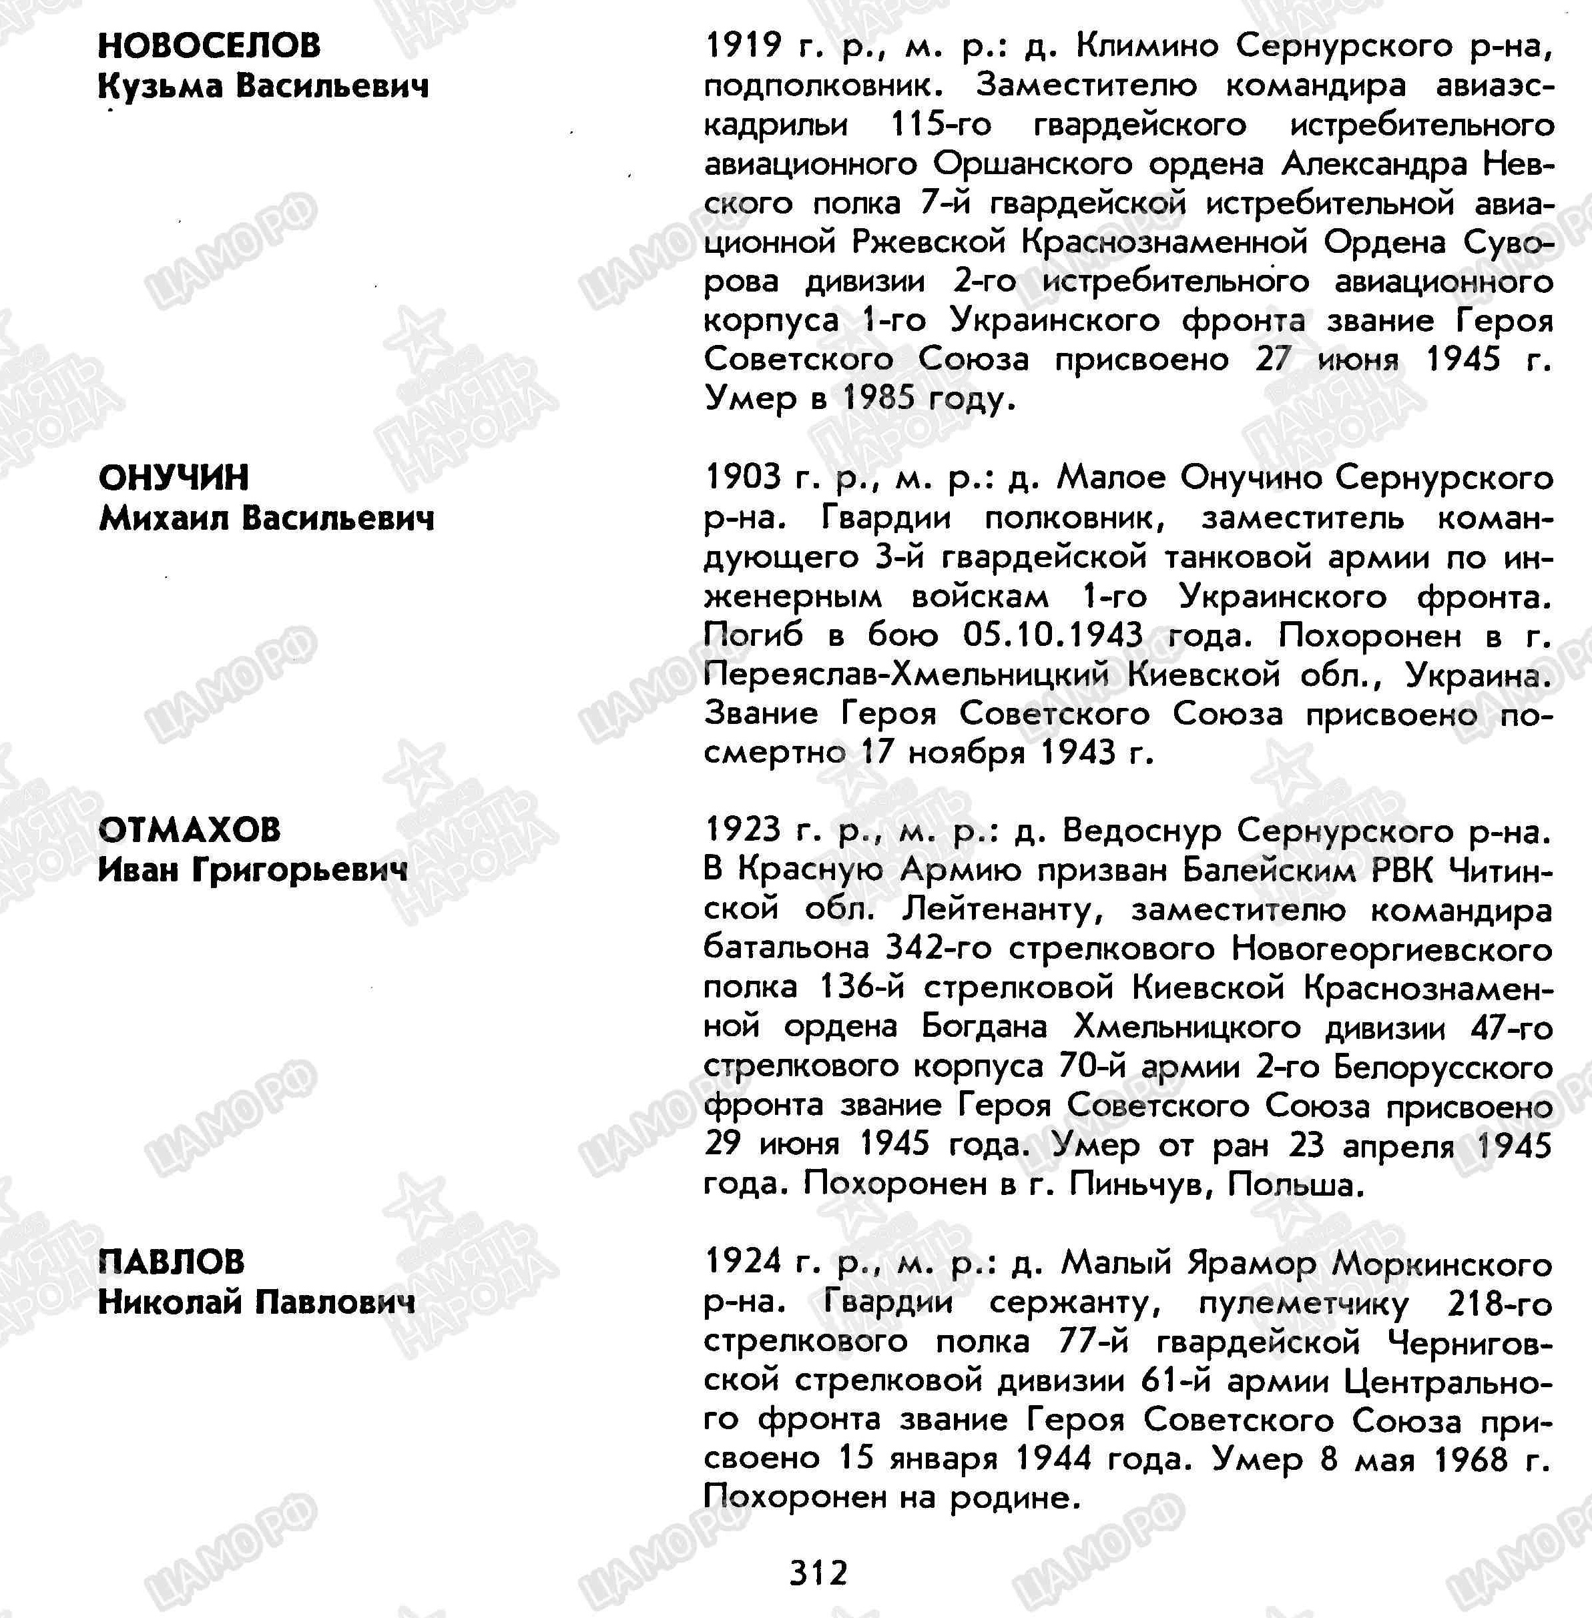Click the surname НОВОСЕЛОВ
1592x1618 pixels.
(209, 46)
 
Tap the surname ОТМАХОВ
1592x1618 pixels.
(190, 830)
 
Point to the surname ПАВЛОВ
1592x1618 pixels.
(172, 1262)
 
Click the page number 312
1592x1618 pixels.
(818, 1573)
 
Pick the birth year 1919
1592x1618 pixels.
(742, 46)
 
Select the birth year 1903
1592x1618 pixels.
(742, 478)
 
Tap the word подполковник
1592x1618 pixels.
(831, 86)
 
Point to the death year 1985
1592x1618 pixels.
(878, 398)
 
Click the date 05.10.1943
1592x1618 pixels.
(1053, 635)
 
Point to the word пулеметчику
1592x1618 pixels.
(1304, 1303)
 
